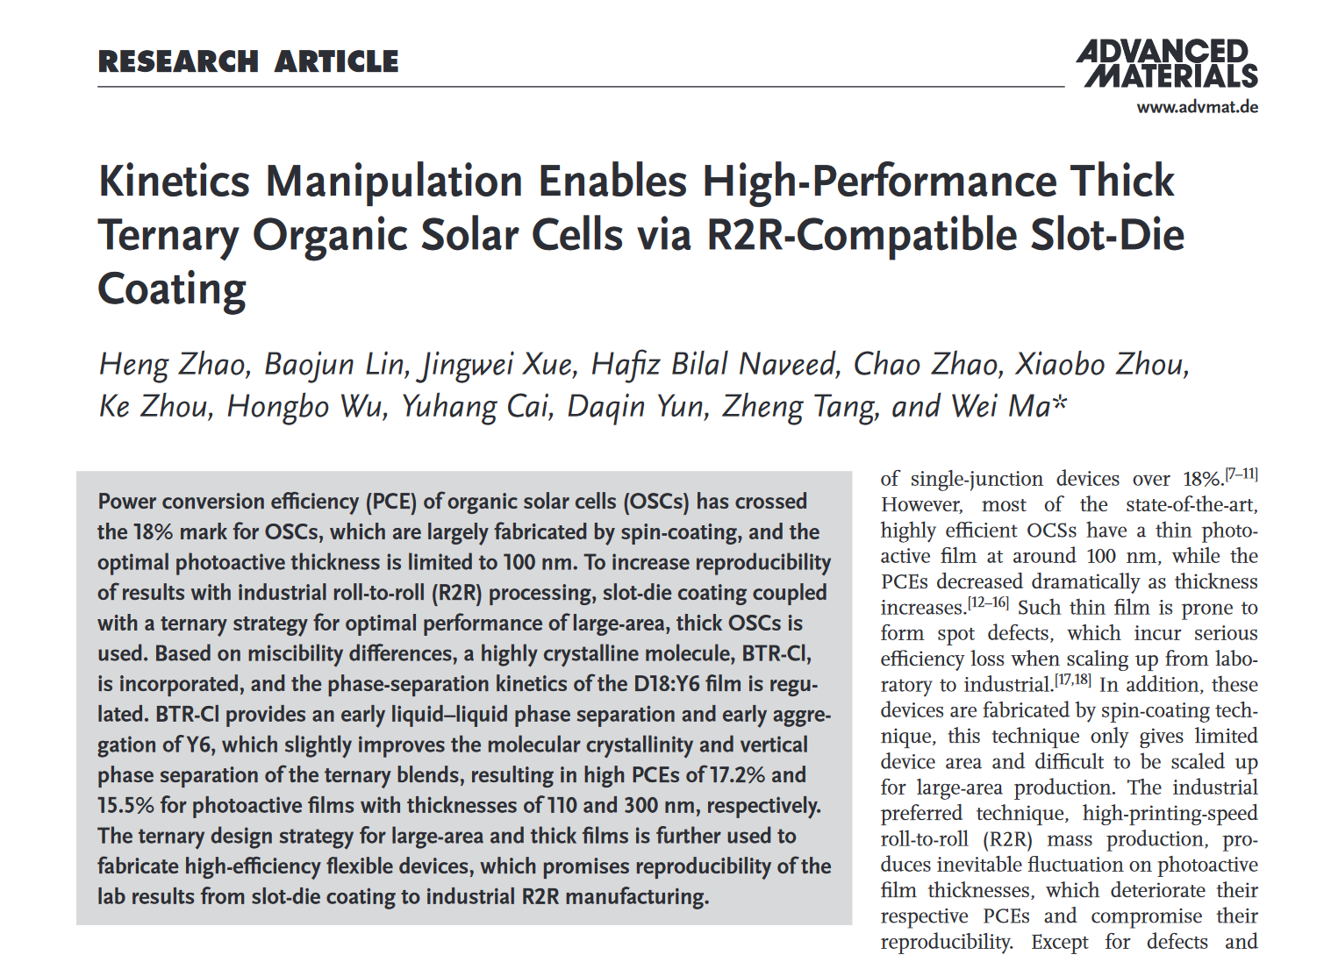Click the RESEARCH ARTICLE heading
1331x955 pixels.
tap(248, 61)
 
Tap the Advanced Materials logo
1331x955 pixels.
tap(1167, 63)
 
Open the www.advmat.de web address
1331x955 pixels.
tap(1197, 107)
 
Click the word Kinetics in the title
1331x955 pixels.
tap(175, 182)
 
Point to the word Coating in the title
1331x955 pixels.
tap(172, 289)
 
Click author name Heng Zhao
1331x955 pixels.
tap(174, 364)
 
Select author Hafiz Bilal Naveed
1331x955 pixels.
tap(714, 364)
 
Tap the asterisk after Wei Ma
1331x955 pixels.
tap(1060, 403)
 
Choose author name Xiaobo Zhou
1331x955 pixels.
tap(1101, 364)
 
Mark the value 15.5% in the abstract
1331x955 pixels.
tap(126, 805)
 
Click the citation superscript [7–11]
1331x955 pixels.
tap(1242, 474)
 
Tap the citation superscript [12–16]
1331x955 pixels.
tap(988, 603)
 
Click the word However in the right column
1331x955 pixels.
tap(920, 505)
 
